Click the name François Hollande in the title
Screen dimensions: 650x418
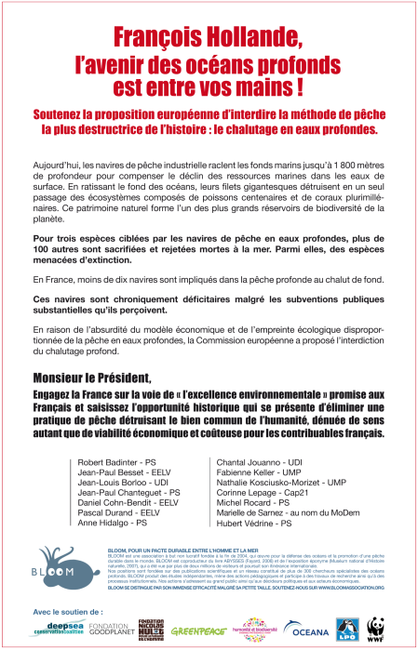209,36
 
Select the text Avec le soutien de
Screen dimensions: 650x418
68,611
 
